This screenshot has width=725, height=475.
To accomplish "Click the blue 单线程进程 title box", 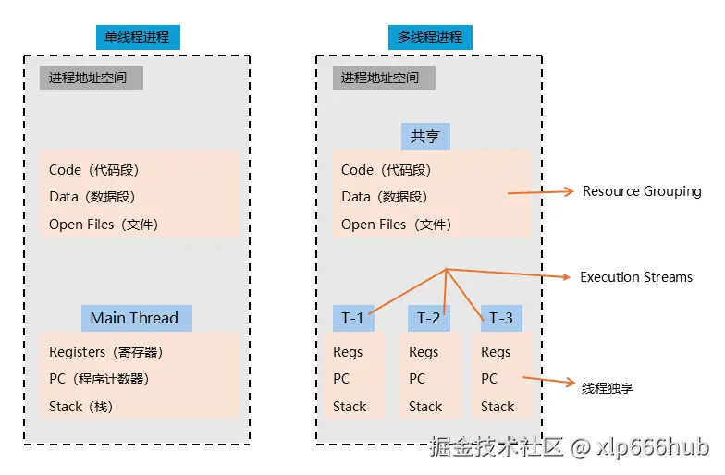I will (x=138, y=37).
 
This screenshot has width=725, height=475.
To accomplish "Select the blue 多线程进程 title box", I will (x=429, y=37).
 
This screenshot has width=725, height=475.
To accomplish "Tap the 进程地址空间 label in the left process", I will (x=91, y=78).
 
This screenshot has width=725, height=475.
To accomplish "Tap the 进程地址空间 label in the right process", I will (x=383, y=78).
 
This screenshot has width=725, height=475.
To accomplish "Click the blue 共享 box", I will (x=424, y=137).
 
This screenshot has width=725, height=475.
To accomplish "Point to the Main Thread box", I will (x=135, y=318).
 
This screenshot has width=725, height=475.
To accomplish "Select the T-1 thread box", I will (x=353, y=318).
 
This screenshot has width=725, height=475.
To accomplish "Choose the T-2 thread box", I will (x=428, y=318).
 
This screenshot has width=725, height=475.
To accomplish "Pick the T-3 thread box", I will (x=500, y=318).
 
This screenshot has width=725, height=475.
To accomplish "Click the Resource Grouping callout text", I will (x=642, y=191).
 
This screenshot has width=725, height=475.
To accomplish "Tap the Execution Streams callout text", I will (x=636, y=277).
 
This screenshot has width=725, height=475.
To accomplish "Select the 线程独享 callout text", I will (x=608, y=387).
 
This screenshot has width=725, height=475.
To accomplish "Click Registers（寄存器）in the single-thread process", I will (x=105, y=352).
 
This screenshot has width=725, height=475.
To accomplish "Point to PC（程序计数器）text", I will (x=99, y=379).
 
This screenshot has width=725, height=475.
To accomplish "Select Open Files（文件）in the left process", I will (x=104, y=225).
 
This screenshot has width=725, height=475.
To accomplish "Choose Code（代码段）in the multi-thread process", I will (x=387, y=170).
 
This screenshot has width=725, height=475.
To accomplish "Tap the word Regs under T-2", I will (x=424, y=352).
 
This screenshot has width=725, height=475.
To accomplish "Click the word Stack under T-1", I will (x=350, y=407).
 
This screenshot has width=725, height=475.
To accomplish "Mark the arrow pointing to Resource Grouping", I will (x=541, y=193).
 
